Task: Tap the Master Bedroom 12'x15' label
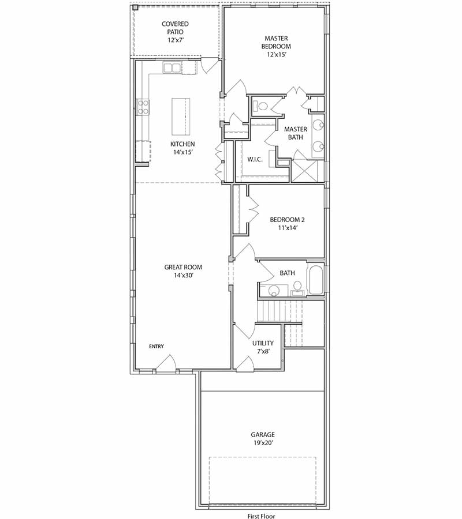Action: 276,46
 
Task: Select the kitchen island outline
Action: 181,115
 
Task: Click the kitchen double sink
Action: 172,68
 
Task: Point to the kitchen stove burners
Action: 143,107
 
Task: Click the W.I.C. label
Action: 255,159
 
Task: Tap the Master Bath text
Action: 295,133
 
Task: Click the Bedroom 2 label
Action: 287,223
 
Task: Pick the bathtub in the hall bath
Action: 316,280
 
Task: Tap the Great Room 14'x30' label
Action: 183,271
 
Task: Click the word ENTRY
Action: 157,347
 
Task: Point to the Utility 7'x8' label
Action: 263,347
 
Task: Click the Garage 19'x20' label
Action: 262,438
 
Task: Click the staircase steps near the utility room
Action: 280,312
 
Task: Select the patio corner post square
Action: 136,8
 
